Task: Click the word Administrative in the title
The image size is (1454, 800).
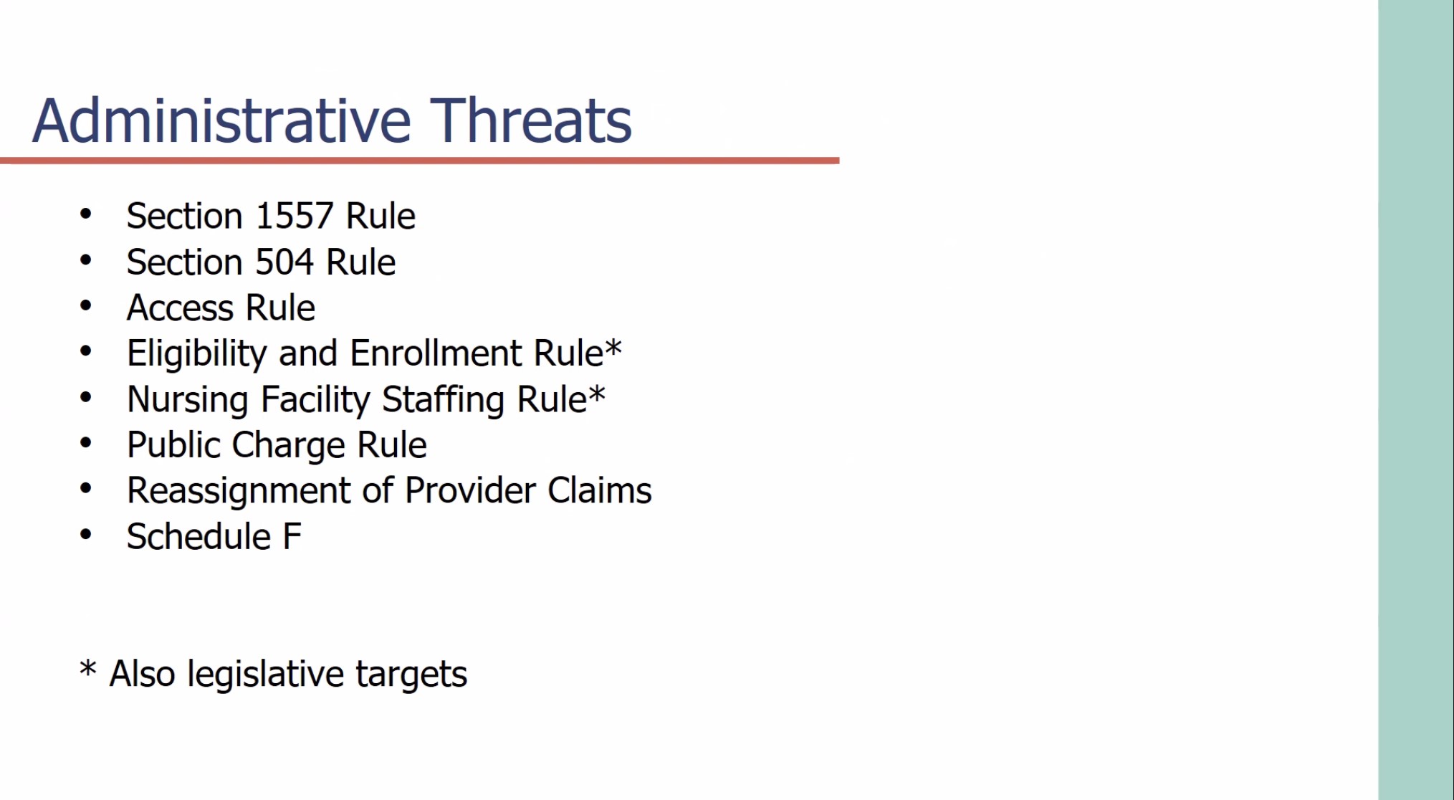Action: pyautogui.click(x=222, y=120)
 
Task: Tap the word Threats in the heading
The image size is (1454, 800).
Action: pyautogui.click(x=531, y=120)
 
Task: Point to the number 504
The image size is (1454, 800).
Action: pyautogui.click(x=284, y=262)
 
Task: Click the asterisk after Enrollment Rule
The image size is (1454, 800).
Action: pyautogui.click(x=613, y=348)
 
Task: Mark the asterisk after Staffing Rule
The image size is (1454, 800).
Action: pyautogui.click(x=597, y=394)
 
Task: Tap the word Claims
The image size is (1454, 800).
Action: pyautogui.click(x=600, y=490)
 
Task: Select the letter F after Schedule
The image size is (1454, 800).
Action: pyautogui.click(x=292, y=537)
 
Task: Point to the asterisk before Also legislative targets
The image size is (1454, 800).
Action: pyautogui.click(x=87, y=669)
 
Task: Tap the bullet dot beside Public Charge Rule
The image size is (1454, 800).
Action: pyautogui.click(x=86, y=443)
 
